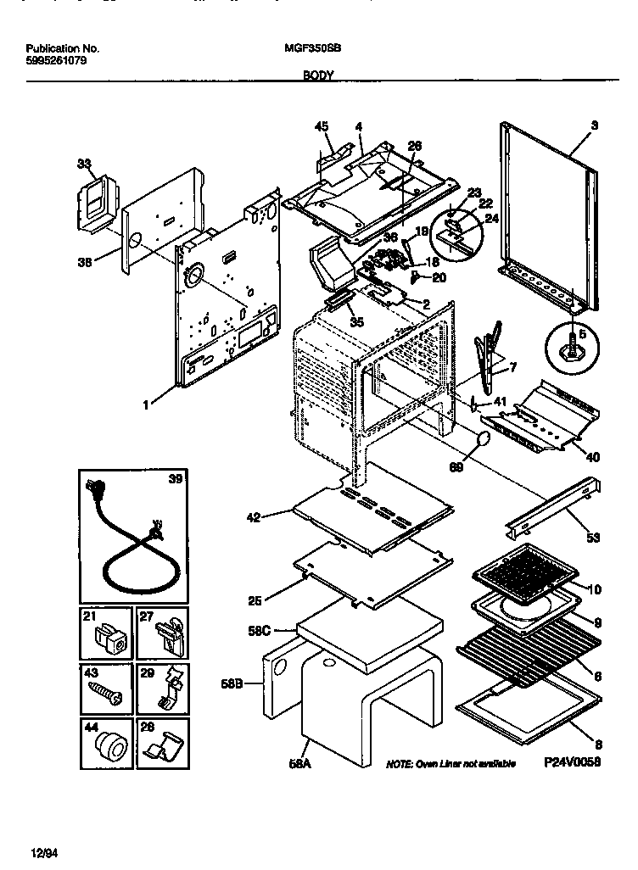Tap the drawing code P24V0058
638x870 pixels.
pos(572,762)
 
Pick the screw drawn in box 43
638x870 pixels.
pos(106,694)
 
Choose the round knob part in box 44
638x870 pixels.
pos(109,748)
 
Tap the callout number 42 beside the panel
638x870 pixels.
pos(255,515)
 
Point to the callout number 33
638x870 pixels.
pos(83,164)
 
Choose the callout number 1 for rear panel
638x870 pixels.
pos(146,405)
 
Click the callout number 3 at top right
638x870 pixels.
pos(594,125)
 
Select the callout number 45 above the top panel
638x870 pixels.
pos(322,127)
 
